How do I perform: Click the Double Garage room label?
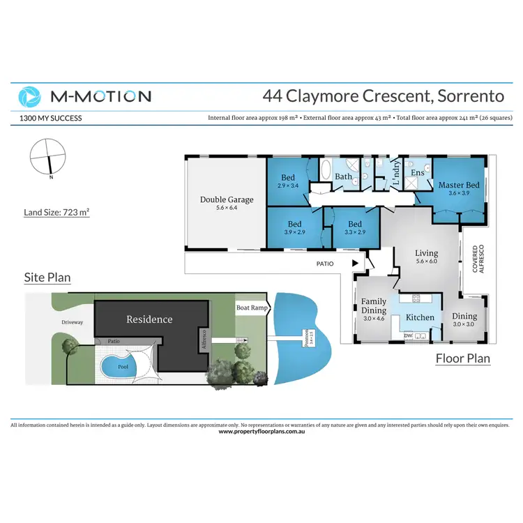[x=227, y=204]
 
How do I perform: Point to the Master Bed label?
[x=458, y=188]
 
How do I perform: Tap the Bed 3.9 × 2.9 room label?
[x=294, y=227]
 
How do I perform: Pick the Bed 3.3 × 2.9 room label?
[x=356, y=227]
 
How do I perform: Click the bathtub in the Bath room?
[x=326, y=171]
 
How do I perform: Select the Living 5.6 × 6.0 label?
[x=426, y=257]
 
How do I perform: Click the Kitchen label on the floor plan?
[x=420, y=317]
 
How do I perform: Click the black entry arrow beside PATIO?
[x=356, y=264]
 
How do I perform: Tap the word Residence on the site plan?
[x=149, y=319]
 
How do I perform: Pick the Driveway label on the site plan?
[x=71, y=322]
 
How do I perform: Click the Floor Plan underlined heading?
[x=462, y=359]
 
